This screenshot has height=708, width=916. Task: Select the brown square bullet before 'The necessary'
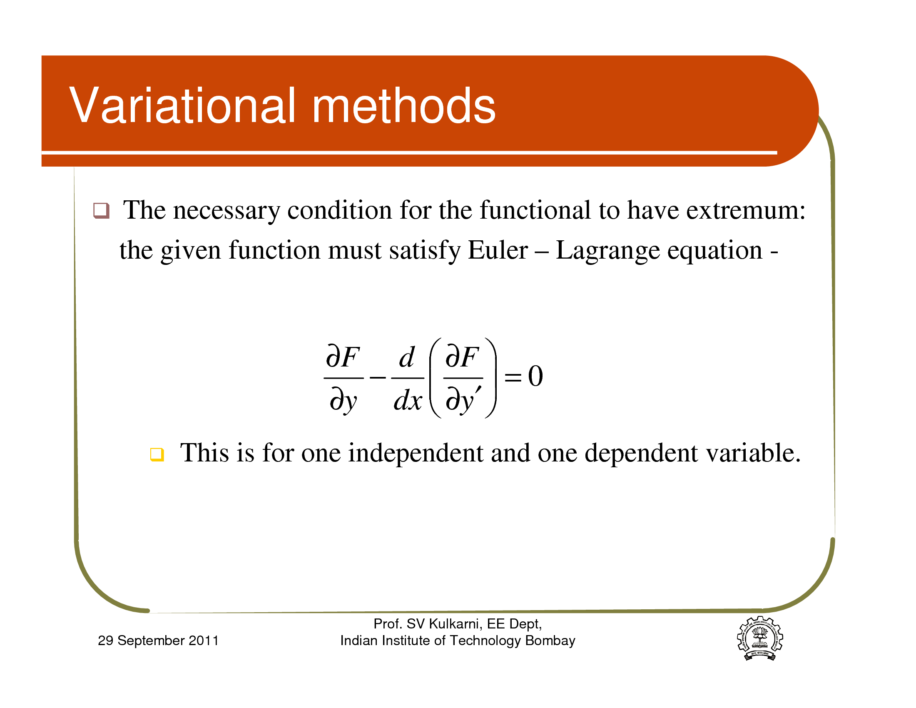pyautogui.click(x=101, y=211)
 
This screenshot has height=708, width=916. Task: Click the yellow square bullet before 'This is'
pyautogui.click(x=157, y=454)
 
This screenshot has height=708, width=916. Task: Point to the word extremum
pyautogui.click(x=745, y=210)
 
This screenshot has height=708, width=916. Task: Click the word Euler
pyautogui.click(x=498, y=250)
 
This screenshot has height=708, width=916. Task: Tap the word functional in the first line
pyautogui.click(x=535, y=210)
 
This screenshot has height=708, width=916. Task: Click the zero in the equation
pyautogui.click(x=535, y=376)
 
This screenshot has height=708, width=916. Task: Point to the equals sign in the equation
pyautogui.click(x=513, y=376)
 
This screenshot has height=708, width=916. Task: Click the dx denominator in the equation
pyautogui.click(x=408, y=400)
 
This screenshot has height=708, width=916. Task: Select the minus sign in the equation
pyautogui.click(x=378, y=377)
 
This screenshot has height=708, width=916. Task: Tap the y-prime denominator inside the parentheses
pyautogui.click(x=463, y=400)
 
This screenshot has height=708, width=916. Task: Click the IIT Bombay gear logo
pyautogui.click(x=760, y=638)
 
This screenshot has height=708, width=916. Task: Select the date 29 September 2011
pyautogui.click(x=158, y=641)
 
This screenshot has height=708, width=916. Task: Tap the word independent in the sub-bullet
pyautogui.click(x=416, y=454)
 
